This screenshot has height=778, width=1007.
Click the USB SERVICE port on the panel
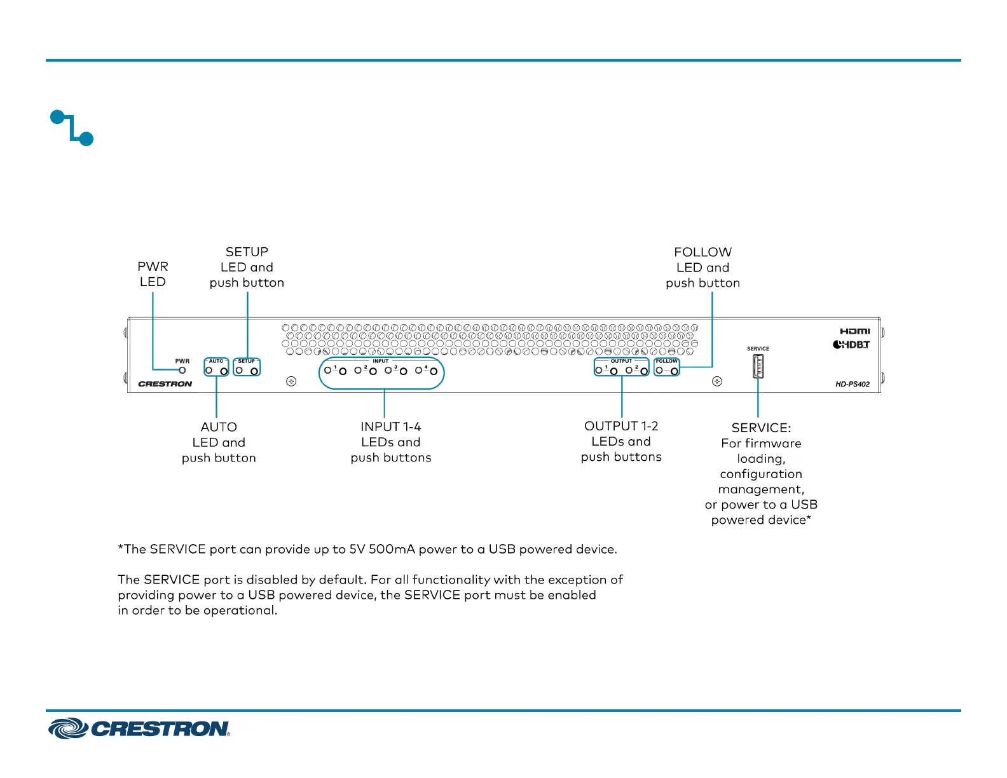pos(758,366)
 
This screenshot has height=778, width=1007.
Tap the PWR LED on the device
pos(182,370)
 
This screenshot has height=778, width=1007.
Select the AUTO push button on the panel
pos(224,371)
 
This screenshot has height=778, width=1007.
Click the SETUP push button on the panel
pos(254,371)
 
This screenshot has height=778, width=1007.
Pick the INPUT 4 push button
pos(434,371)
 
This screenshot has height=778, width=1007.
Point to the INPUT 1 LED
pos(327,370)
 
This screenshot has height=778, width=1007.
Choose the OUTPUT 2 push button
pos(644,371)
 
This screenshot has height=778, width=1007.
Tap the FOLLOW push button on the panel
pos(675,371)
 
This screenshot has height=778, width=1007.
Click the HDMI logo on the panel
pos(854,331)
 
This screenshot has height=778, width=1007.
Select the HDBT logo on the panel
pos(851,345)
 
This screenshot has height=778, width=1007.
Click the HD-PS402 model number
pos(853,385)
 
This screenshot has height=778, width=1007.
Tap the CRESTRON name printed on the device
pos(165,384)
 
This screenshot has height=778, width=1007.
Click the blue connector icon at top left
pos(72,128)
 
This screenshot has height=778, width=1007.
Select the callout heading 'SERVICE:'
pos(761,428)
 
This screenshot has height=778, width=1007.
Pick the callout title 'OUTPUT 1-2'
pos(621,426)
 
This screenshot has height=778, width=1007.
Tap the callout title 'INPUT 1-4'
pos(390,427)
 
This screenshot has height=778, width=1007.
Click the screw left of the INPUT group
pos(291,381)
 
